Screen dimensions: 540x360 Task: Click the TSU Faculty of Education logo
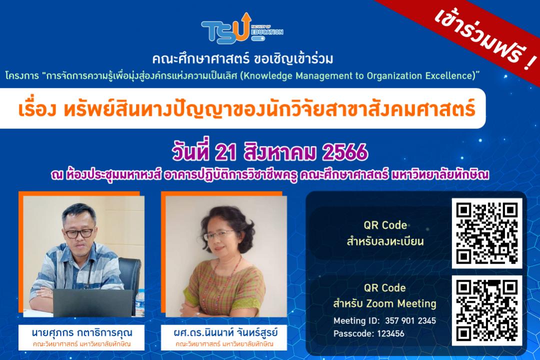242,28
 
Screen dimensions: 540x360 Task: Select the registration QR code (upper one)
487,233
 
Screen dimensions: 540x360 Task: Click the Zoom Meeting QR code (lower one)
487,310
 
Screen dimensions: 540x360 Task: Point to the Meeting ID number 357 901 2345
410,320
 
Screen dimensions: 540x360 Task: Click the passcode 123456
390,333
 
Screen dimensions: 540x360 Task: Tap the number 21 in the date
225,152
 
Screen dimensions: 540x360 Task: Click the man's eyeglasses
79,233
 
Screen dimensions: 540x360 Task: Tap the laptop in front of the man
92,303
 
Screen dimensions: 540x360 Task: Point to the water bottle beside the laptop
140,302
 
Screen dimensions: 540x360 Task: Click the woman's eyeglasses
219,235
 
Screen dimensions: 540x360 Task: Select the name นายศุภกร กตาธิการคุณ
81,333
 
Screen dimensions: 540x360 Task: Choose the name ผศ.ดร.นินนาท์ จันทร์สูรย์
225,333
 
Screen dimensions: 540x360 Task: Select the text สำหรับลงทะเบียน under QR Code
385,241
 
